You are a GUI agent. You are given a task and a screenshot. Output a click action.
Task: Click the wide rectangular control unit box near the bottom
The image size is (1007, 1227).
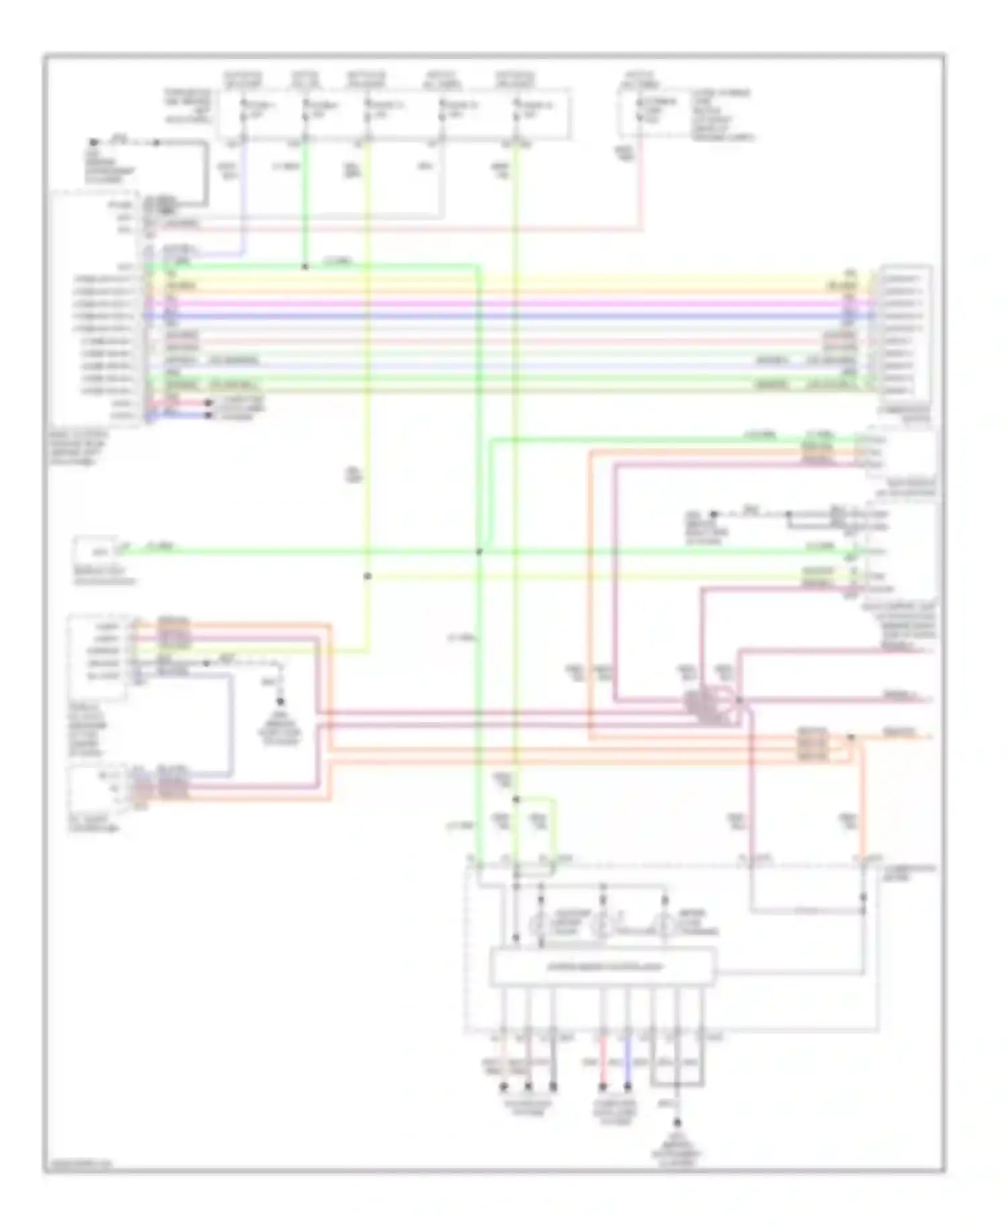coord(602,967)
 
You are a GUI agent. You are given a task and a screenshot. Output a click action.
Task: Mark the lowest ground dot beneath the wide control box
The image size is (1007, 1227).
coord(677,1122)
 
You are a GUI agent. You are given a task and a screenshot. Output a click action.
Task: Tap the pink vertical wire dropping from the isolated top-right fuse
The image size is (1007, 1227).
coord(641,181)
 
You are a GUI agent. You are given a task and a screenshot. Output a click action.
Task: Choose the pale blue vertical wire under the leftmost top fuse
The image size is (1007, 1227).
coord(243,195)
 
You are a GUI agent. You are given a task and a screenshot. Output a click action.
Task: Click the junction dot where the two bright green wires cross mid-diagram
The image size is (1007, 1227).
coord(479,552)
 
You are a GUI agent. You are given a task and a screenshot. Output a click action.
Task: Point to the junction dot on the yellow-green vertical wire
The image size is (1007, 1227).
coord(367,576)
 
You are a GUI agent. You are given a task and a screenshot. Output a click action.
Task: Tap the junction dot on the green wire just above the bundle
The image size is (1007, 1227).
coord(305,266)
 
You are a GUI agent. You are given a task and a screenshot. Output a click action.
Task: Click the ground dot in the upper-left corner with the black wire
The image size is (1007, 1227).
coord(94,143)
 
